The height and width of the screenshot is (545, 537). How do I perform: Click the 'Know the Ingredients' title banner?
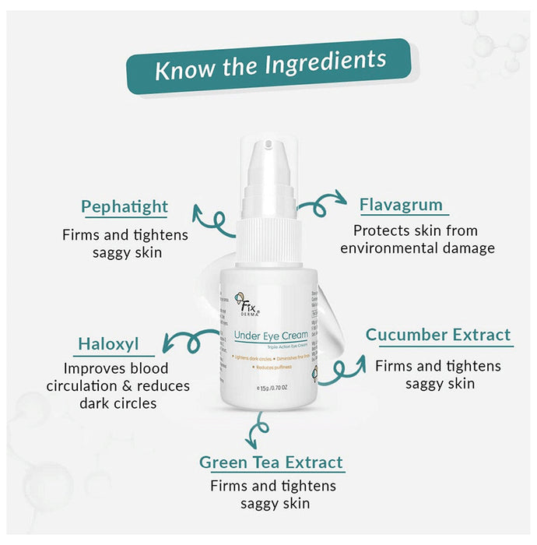[x=268, y=66]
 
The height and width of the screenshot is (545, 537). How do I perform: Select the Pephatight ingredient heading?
[x=125, y=207]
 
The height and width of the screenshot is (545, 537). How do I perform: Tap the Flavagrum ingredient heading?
[x=401, y=206]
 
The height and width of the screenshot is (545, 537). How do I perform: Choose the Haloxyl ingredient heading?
[x=108, y=344]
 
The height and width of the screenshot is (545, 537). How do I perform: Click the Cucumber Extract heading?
[x=438, y=336]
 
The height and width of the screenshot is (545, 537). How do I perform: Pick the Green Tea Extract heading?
[x=271, y=462]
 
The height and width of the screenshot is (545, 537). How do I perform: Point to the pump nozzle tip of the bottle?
[x=268, y=145]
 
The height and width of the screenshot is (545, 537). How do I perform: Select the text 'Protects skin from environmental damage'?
[x=417, y=240]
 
